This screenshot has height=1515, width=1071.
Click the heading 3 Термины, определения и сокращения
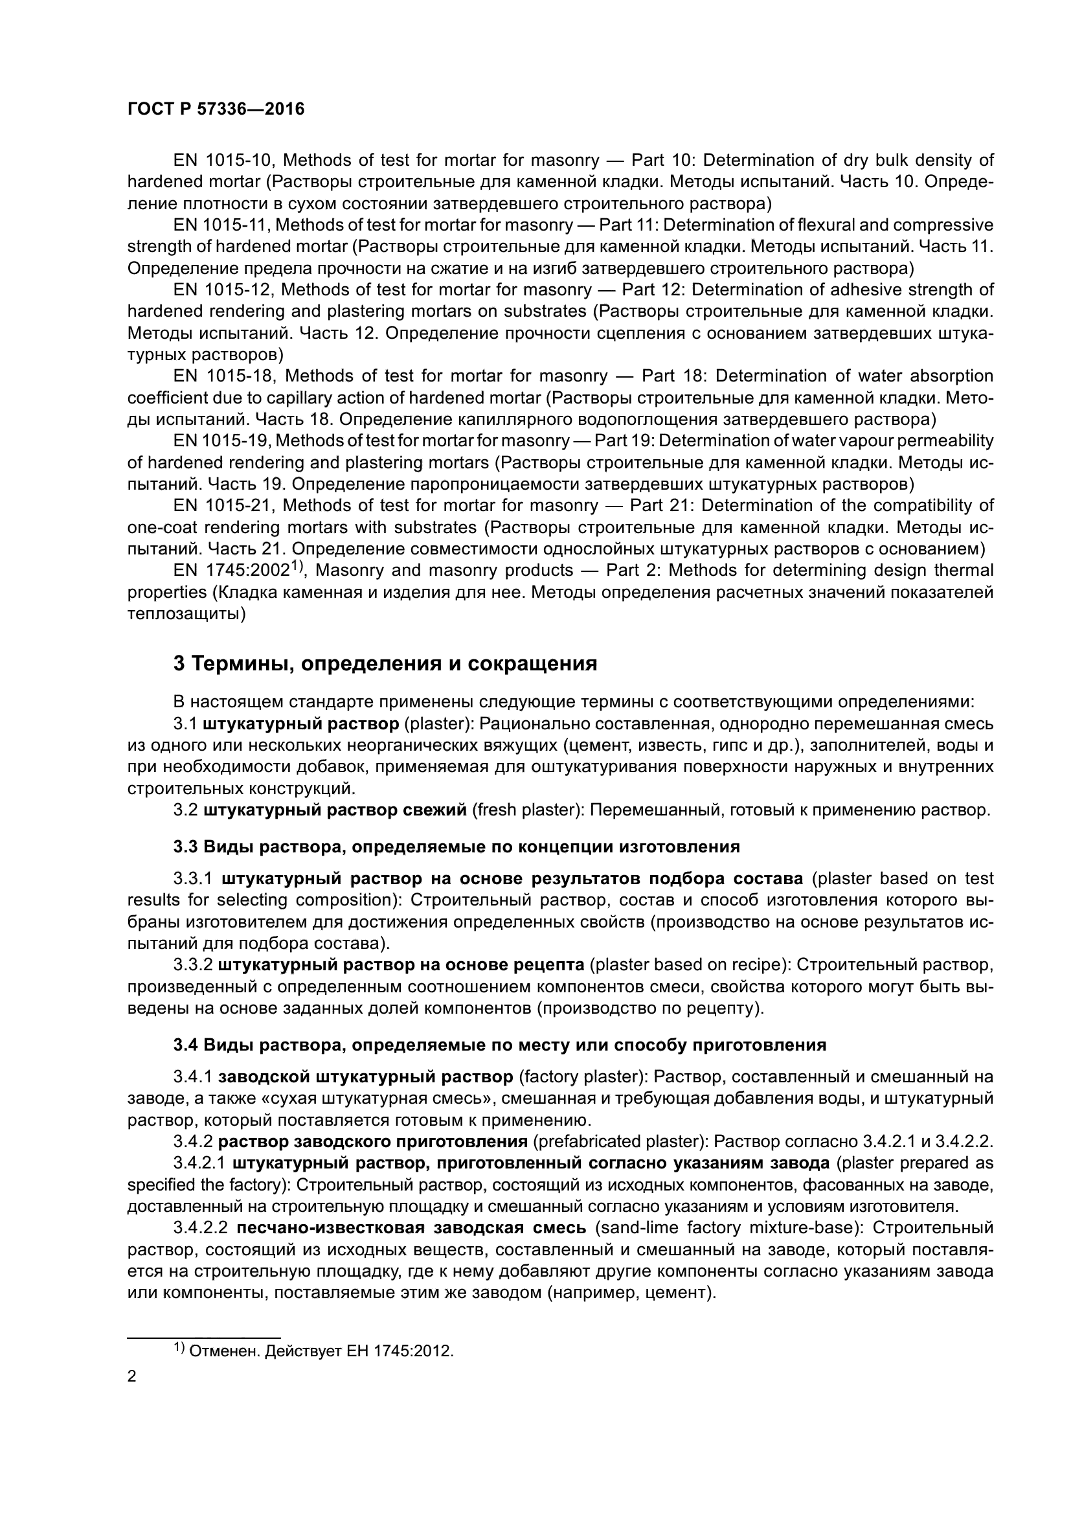click(x=385, y=663)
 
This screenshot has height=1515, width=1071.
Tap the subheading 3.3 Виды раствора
click(x=457, y=846)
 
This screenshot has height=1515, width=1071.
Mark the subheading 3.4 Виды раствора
click(x=499, y=1045)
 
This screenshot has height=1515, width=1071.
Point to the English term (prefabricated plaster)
click(x=620, y=1141)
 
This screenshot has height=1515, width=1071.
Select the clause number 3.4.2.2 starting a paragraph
click(x=201, y=1228)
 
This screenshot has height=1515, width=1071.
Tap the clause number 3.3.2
click(x=192, y=964)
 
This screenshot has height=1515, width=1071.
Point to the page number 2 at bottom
click(x=132, y=1376)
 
